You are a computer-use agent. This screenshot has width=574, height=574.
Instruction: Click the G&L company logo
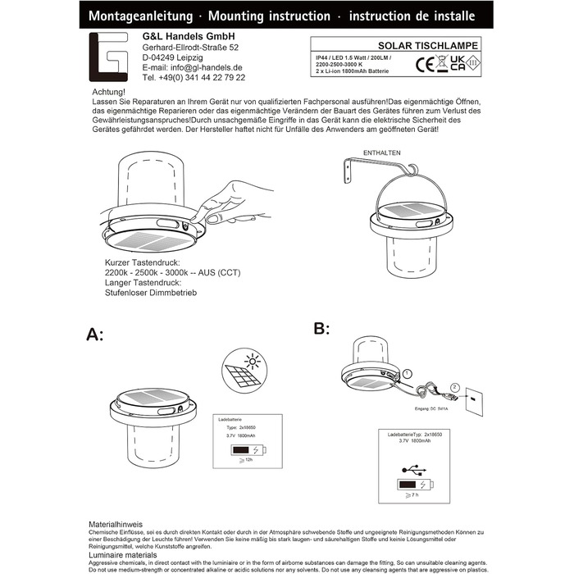coord(110,57)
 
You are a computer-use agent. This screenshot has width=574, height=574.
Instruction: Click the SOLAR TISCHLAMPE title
coord(435,46)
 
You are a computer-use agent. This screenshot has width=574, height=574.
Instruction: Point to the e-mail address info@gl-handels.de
coord(193,67)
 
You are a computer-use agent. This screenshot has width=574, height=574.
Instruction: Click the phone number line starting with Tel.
coord(194,77)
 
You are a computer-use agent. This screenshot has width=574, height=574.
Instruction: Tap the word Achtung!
coord(109,92)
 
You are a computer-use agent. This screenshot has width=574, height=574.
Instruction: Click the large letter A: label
coord(96,334)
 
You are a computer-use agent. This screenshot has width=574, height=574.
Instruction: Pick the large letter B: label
coord(321,329)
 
